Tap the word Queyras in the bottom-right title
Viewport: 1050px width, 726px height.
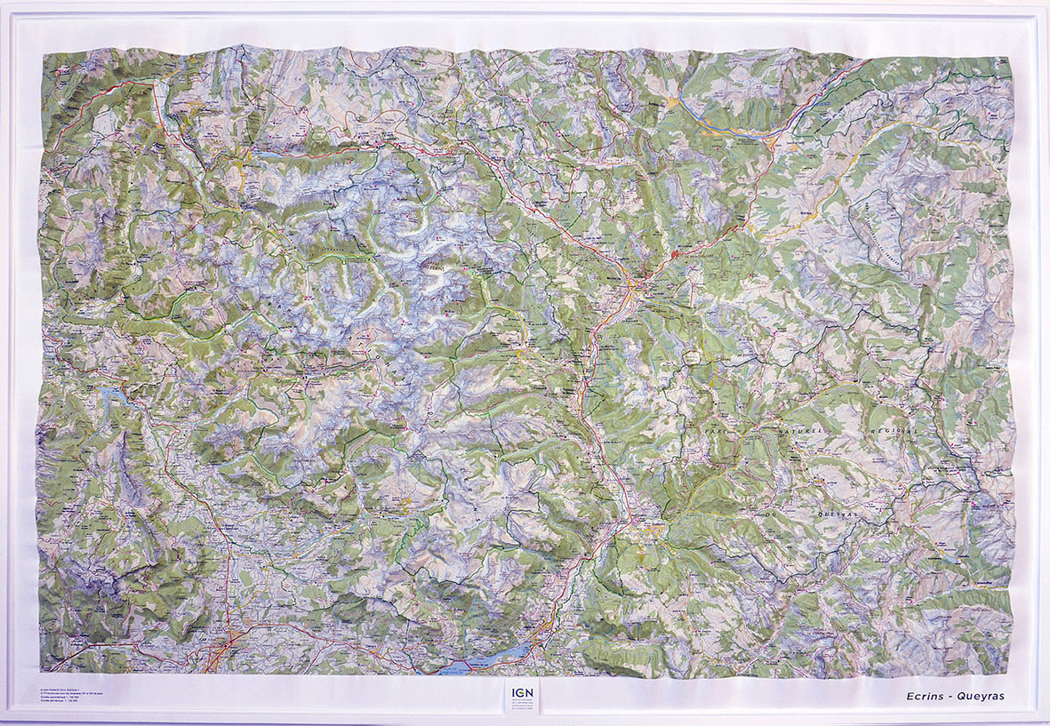(x=979, y=696)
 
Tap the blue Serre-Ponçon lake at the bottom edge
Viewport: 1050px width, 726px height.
(x=489, y=658)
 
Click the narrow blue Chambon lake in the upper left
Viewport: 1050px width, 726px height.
(x=283, y=155)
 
